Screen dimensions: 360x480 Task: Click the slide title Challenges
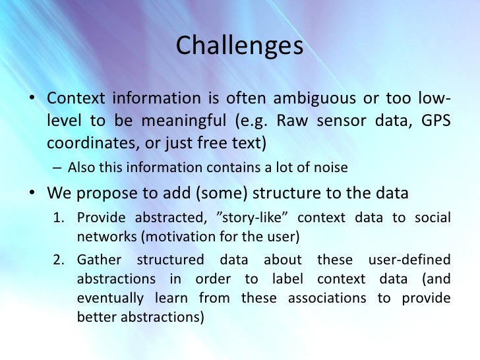pos(240,45)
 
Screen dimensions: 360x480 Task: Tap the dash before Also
pos(58,168)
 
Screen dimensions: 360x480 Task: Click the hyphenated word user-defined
pos(409,260)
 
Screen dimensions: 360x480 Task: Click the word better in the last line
pos(96,316)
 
